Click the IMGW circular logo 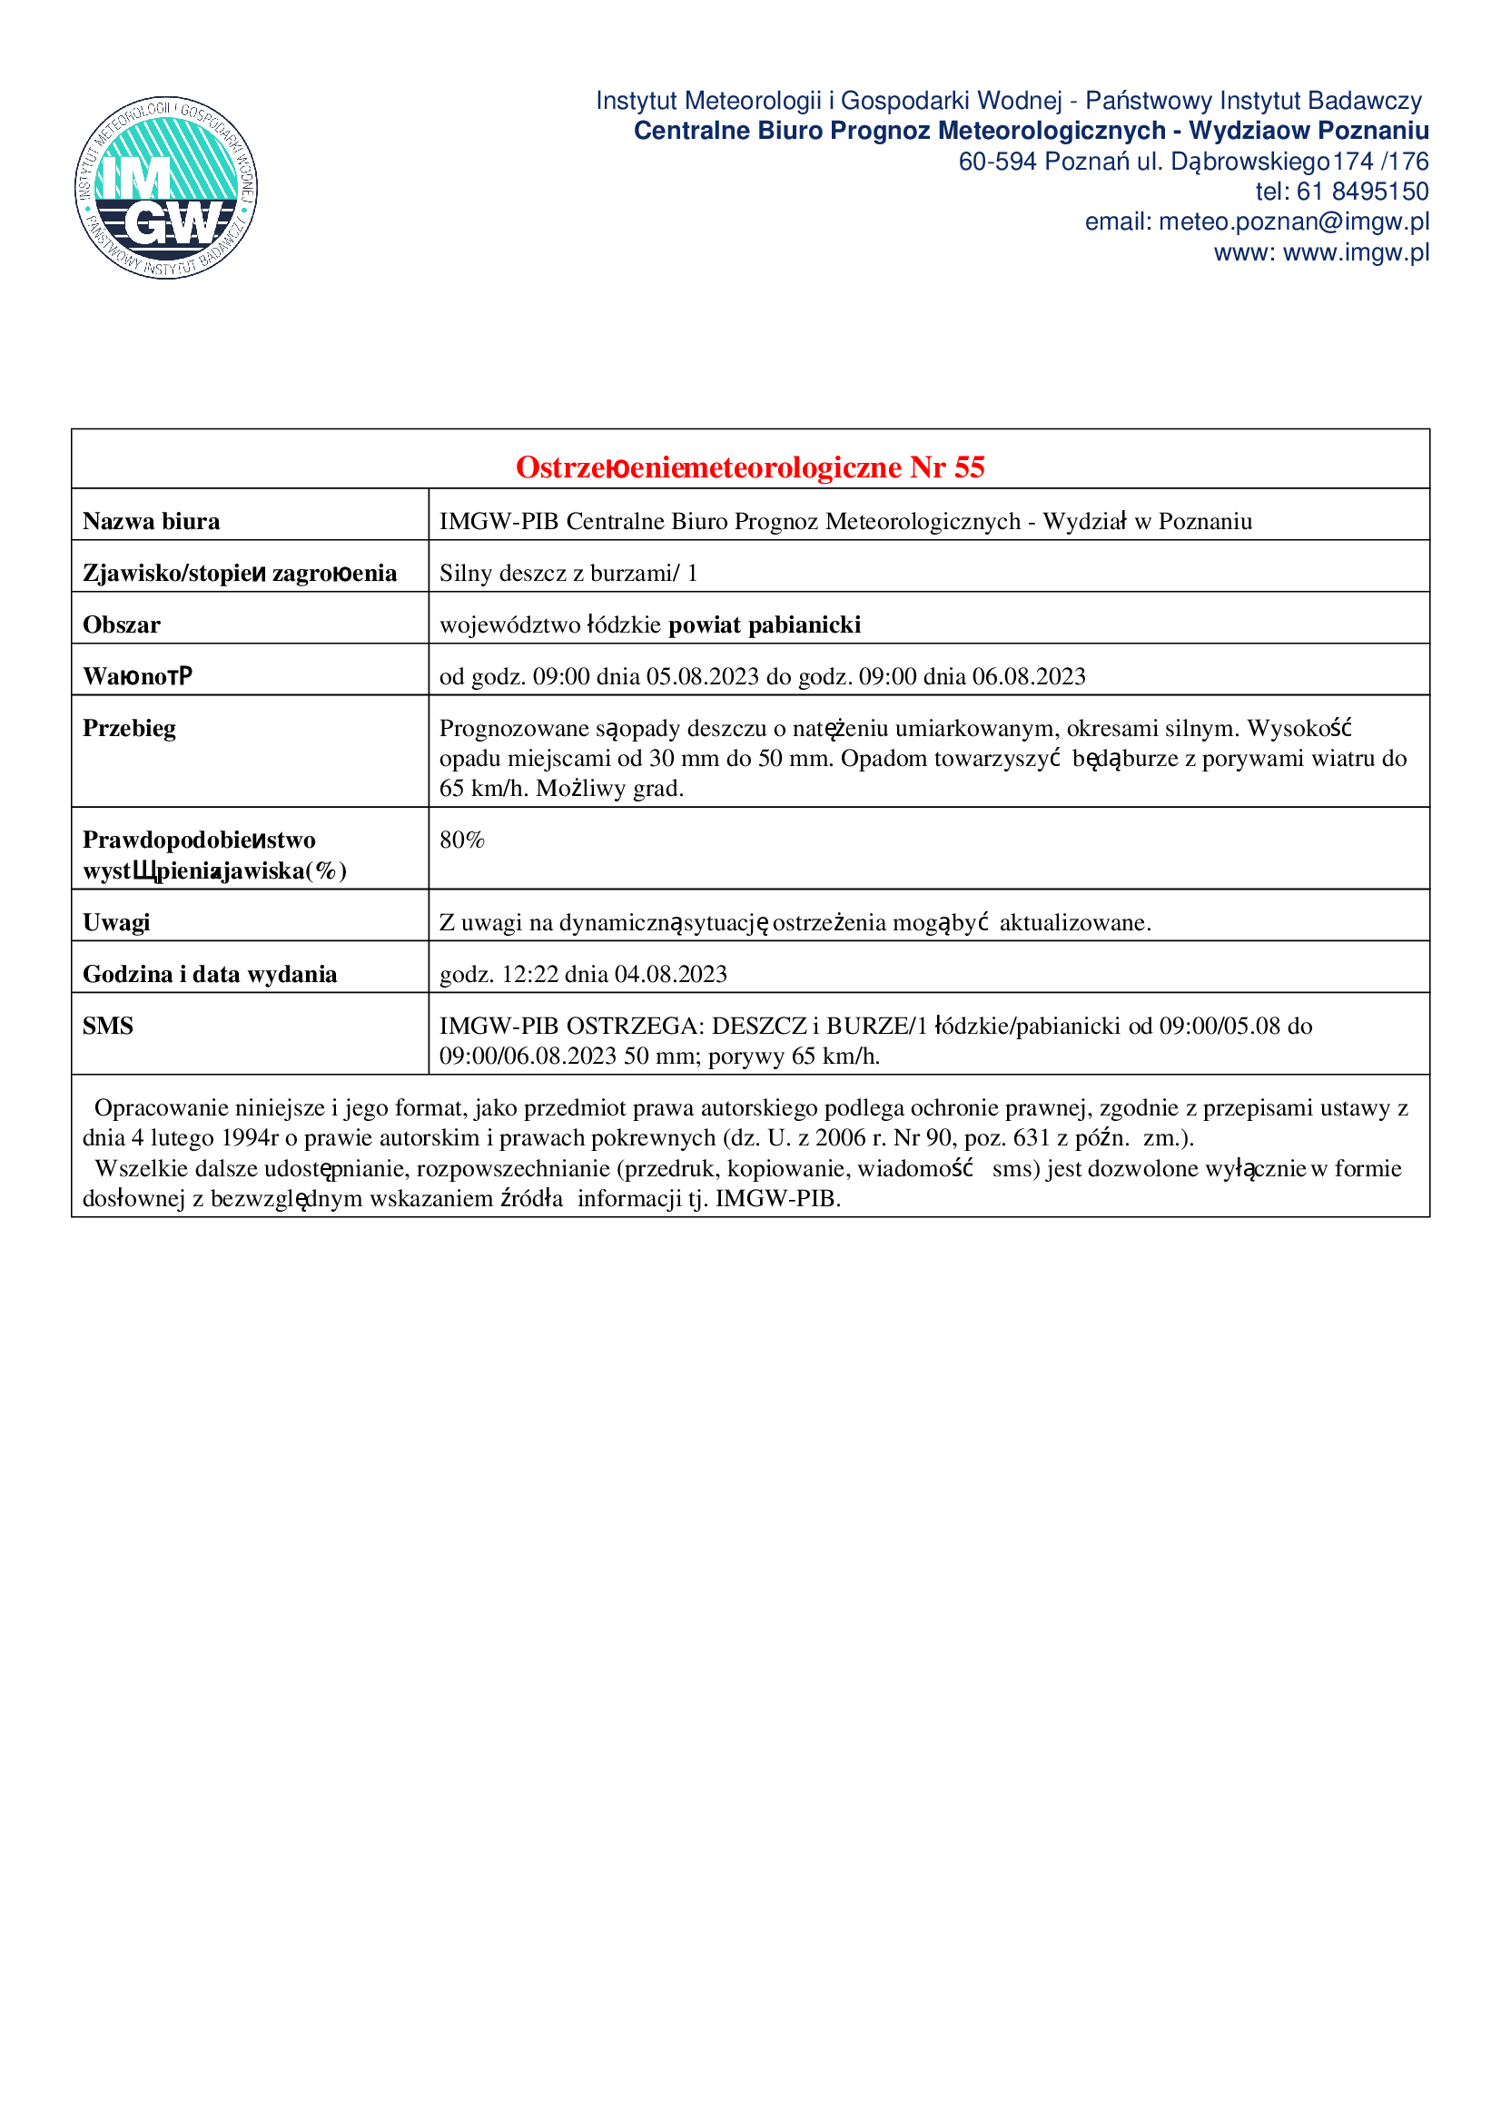point(166,188)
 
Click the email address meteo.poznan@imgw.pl point(1293,221)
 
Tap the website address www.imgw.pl point(1356,252)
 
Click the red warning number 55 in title point(968,467)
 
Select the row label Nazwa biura point(152,522)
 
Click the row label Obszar point(121,625)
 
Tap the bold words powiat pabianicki point(764,625)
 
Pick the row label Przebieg point(130,729)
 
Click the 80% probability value point(461,840)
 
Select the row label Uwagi point(116,923)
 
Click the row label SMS point(108,1027)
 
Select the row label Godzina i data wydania point(210,975)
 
